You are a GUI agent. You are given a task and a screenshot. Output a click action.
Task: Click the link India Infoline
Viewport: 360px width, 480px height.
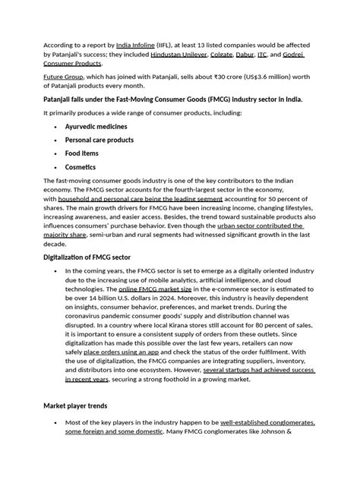[x=139, y=45]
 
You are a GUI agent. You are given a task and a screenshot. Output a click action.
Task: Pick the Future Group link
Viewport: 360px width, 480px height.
[x=64, y=77]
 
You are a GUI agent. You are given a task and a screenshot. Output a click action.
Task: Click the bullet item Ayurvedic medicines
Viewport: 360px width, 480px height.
[x=96, y=126]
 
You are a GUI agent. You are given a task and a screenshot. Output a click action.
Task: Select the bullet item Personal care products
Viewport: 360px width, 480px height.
[x=99, y=140]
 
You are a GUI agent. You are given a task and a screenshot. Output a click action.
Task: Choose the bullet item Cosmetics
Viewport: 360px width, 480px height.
[x=81, y=167]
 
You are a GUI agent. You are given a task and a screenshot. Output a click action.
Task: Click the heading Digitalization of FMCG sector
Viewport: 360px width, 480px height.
[x=93, y=257]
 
